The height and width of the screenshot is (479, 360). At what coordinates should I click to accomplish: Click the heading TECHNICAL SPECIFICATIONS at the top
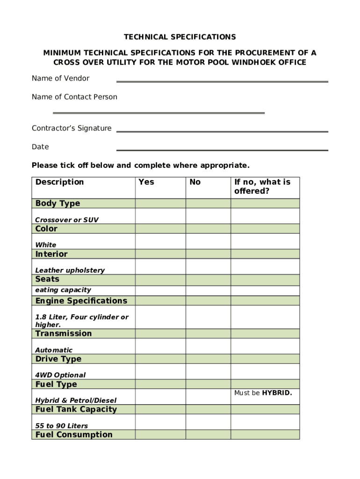180,37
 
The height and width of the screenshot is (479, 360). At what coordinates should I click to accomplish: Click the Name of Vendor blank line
222,81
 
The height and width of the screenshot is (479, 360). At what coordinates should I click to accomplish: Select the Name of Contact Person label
74,97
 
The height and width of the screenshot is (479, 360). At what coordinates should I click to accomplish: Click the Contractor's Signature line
222,131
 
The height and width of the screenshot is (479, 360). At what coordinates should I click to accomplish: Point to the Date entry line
222,150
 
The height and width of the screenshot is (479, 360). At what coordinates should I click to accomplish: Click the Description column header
59,182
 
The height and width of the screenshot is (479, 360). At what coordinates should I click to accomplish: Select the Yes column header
146,182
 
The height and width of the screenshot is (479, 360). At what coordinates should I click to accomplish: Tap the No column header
195,182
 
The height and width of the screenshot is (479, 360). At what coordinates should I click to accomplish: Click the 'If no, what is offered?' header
262,187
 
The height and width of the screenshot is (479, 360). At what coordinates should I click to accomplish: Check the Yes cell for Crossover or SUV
160,216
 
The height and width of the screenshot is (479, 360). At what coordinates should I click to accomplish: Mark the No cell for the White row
208,241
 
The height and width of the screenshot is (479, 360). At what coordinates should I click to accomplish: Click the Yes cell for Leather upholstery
160,267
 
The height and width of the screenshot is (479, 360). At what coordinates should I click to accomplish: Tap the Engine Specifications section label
81,301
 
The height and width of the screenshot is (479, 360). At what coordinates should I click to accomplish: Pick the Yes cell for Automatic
160,346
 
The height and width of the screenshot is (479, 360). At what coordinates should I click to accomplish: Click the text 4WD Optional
60,375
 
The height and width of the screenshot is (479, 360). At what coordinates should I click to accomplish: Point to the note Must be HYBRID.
263,393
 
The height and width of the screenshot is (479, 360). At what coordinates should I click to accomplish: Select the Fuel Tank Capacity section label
76,409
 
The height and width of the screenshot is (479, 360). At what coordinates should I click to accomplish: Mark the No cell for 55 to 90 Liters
208,422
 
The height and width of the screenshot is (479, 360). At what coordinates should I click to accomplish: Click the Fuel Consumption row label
74,435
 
